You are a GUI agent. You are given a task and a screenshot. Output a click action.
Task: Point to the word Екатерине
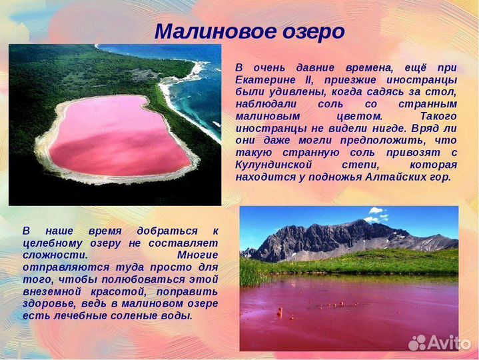click(265, 79)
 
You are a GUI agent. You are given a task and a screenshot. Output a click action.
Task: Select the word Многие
click(197, 255)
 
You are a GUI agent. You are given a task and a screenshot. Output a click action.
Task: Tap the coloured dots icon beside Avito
click(418, 343)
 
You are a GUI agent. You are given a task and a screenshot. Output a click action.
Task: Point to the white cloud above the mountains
click(376, 214)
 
